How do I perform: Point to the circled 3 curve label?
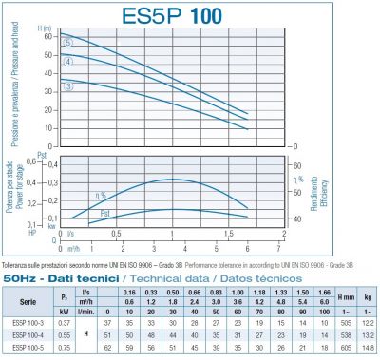point(67,87)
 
